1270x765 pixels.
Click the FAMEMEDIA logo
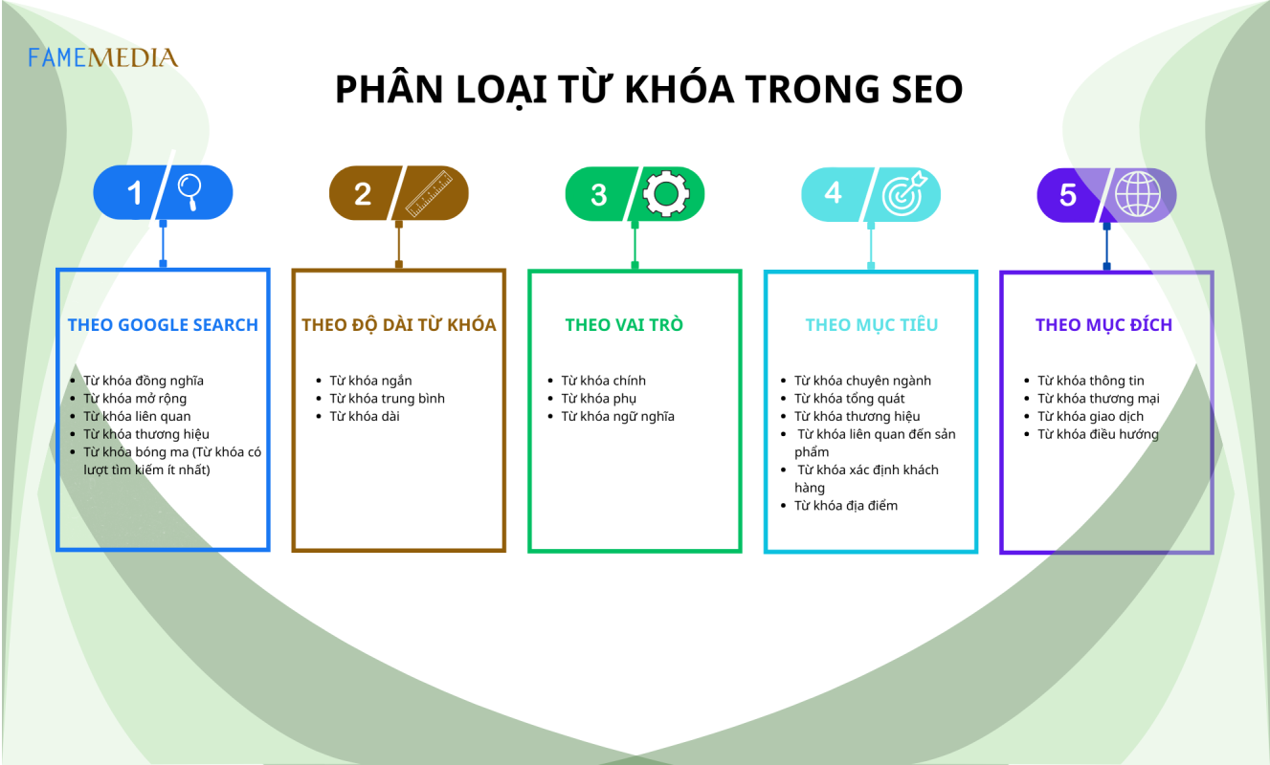point(102,57)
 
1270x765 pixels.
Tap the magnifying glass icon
point(189,192)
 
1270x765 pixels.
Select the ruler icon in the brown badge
point(429,194)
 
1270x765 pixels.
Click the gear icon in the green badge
point(665,194)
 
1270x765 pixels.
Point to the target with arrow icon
point(904,193)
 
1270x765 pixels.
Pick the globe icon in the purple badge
point(1137,194)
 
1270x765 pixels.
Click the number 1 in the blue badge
point(134,192)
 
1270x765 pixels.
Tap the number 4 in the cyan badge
point(833,192)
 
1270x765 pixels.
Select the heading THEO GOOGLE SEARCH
point(163,325)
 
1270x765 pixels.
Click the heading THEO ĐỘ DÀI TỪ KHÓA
point(398,325)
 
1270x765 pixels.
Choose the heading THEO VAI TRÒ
point(624,325)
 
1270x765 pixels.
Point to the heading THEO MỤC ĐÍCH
point(1103,325)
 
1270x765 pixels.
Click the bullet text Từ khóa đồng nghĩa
point(144,381)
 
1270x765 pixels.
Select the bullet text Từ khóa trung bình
point(388,399)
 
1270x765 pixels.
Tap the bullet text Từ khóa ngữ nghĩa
point(618,417)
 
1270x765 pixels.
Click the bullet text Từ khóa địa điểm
point(846,506)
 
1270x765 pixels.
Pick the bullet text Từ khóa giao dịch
point(1090,417)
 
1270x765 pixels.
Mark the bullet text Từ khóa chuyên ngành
point(862,381)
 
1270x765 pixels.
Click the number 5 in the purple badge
point(1068,195)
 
